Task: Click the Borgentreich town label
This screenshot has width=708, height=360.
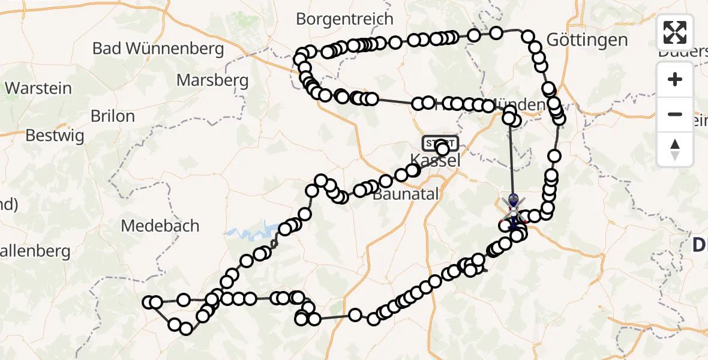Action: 344,19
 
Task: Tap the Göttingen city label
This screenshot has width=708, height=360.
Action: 578,40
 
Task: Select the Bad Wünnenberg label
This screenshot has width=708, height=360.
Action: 158,49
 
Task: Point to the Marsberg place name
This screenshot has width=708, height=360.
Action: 212,80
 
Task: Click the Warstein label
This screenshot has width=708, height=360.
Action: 38,88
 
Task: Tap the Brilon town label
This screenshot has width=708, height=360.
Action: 112,116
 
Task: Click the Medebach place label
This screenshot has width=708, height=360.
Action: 160,226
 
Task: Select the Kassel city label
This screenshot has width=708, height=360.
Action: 436,160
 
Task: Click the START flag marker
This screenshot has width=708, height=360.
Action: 440,143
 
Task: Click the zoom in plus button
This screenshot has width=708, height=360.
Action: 675,79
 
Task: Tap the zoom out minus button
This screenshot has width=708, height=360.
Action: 675,114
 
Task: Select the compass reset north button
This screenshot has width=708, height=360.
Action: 675,149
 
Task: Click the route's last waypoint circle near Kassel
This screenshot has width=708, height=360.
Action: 443,149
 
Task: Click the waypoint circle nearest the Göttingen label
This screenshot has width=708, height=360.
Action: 528,37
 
